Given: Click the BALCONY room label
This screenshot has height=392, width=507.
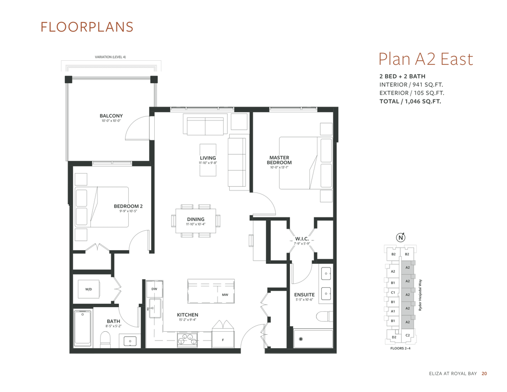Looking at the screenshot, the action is [x=111, y=116].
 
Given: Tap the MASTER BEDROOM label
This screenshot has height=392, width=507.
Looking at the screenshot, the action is [x=279, y=160].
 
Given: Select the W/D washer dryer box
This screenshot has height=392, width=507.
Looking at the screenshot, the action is [x=89, y=289].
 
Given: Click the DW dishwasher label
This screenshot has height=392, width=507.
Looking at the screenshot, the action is [x=154, y=289].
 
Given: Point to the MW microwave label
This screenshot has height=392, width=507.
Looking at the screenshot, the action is [x=225, y=295].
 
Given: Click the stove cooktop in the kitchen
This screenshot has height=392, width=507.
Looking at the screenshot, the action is [x=187, y=339].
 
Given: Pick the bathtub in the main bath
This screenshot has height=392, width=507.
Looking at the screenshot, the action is [x=82, y=328].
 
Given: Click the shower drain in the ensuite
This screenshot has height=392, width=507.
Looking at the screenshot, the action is [x=301, y=339].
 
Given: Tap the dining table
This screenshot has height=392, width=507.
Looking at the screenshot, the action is [x=196, y=220].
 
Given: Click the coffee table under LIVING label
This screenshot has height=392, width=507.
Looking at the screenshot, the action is [x=208, y=160].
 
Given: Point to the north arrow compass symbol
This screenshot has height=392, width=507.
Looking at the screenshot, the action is [x=401, y=237].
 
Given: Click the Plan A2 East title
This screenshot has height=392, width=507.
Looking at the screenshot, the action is [x=425, y=59].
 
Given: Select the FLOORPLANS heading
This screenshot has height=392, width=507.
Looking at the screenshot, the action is [x=87, y=27].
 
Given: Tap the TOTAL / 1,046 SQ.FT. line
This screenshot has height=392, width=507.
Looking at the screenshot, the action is [x=410, y=101].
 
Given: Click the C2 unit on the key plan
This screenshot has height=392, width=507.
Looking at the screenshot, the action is [x=407, y=335].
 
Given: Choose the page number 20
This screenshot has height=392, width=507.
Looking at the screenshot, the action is [x=484, y=374].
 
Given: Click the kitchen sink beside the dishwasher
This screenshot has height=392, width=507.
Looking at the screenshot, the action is [x=155, y=308].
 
